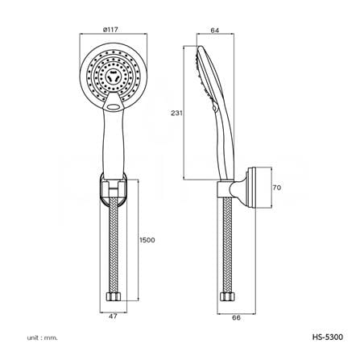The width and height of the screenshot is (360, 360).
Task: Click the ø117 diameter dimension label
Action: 110,30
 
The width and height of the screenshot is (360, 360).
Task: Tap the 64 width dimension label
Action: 215,31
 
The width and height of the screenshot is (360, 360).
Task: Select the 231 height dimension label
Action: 176,113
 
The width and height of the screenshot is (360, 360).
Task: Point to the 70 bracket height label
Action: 277,188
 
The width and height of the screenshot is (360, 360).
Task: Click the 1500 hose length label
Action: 147,240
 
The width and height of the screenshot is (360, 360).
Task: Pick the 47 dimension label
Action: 113,317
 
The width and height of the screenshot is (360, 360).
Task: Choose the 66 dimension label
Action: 236,317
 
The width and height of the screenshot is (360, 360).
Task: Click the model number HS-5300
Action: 328,337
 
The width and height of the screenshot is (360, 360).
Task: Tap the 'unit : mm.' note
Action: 42,337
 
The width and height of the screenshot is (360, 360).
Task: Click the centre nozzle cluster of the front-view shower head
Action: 113,77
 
